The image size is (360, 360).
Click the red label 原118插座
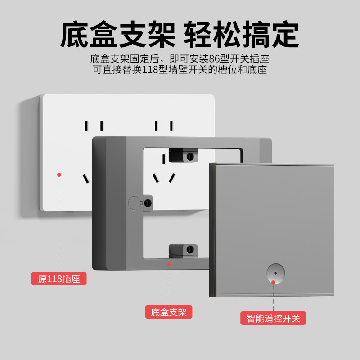point(59,279)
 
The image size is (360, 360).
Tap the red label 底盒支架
point(169,312)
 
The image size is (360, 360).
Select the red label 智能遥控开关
point(273,318)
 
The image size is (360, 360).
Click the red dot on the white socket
point(59,175)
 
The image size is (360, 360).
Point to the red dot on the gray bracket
point(169,265)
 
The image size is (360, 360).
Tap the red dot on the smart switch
point(273,282)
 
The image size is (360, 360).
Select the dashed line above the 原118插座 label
point(59,225)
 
